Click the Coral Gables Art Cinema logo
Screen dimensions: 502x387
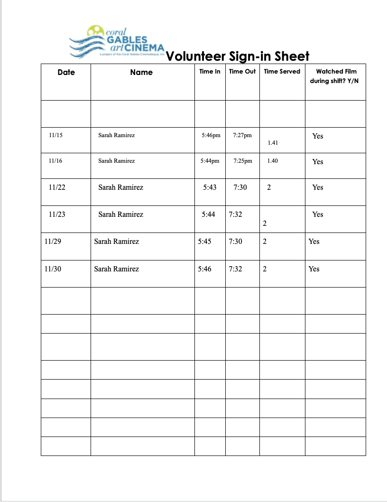[x=117, y=41]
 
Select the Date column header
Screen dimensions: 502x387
[x=66, y=72]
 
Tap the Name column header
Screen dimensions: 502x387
[x=141, y=72]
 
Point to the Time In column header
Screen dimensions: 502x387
[x=210, y=72]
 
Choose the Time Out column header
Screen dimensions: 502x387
[x=242, y=72]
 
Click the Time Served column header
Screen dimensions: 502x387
[x=282, y=72]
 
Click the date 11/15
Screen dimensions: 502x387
[x=55, y=135]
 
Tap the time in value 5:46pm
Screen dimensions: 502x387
[x=211, y=135]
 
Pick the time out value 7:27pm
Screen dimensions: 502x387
[x=242, y=135]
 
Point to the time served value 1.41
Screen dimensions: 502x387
[x=273, y=142]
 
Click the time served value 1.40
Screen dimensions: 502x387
[x=272, y=161]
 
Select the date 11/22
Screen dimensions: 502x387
[x=57, y=187]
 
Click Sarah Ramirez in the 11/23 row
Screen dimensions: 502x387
[x=120, y=214]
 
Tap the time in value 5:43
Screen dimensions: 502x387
[x=209, y=187]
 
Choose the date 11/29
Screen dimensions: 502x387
[x=52, y=242]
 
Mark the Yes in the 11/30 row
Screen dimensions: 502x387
[x=314, y=269]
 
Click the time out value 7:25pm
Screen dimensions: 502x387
[x=243, y=161]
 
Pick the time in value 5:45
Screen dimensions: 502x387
[x=204, y=242]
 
